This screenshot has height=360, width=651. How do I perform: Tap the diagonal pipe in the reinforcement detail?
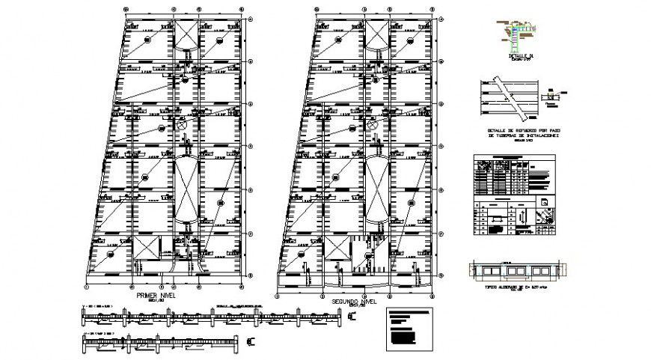pyautogui.click(x=508, y=96)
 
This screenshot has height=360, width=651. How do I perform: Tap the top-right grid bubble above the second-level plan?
pyautogui.click(x=435, y=8)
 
